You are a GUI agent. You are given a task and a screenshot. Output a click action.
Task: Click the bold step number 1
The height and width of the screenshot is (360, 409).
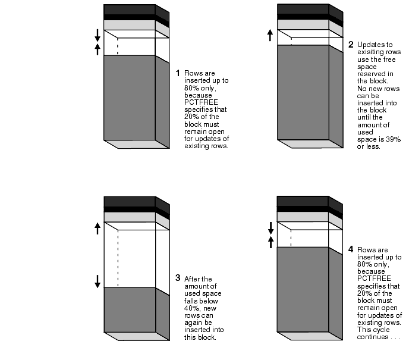coord(178,73)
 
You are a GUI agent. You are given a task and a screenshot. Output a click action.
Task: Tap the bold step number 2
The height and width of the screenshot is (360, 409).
coord(351,45)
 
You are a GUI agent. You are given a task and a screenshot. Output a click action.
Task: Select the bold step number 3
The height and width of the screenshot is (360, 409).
coord(178,278)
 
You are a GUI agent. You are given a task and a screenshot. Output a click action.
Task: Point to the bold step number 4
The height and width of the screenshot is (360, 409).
coord(351,249)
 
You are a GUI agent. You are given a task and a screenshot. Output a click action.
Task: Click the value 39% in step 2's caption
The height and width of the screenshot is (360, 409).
coord(393,139)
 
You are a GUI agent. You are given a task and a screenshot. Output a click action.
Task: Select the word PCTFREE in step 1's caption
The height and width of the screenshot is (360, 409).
coord(201,102)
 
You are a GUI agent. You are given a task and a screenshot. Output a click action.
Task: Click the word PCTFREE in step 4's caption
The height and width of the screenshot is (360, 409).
coord(374,278)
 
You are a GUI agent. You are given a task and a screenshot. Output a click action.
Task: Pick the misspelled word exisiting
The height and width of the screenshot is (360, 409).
coord(379,52)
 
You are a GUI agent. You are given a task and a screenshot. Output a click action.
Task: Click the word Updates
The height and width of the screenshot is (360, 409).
coord(370,45)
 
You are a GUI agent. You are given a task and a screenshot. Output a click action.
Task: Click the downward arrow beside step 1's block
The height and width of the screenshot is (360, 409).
coord(97,35)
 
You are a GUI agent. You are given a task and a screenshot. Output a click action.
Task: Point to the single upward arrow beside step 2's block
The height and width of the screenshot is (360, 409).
coord(270,35)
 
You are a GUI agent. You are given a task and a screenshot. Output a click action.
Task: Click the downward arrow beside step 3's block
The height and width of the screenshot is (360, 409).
coord(97,281)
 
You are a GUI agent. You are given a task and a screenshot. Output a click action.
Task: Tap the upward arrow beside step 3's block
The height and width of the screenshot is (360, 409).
coord(97,228)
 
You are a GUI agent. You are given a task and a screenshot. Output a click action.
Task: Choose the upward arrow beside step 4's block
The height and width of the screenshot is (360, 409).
coord(270,242)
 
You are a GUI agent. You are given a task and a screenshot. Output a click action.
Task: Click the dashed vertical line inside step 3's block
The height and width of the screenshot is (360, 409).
coord(118,258)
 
